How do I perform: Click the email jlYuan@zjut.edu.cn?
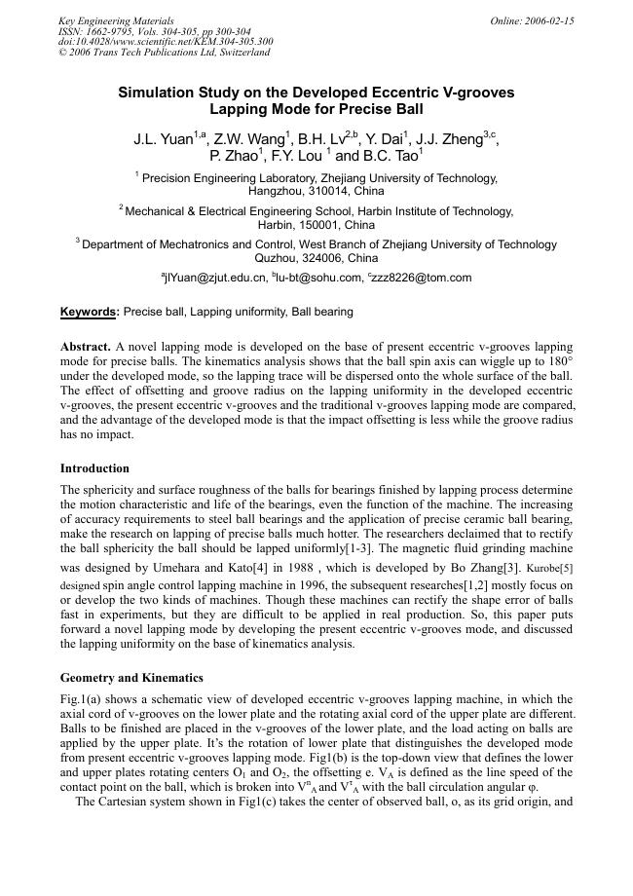(x=214, y=278)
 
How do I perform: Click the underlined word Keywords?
(x=89, y=313)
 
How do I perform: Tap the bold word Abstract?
(x=85, y=347)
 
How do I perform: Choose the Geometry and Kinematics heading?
(x=131, y=678)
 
